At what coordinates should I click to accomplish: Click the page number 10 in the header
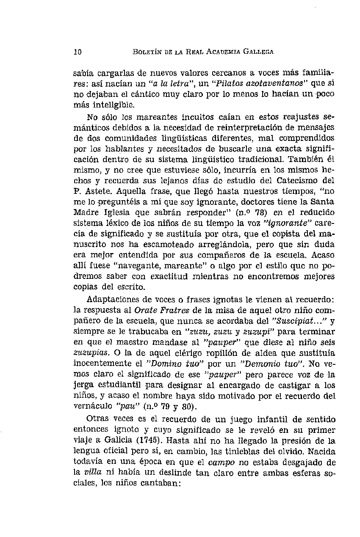point(77,52)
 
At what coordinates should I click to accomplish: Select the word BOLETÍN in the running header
point(148,52)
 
